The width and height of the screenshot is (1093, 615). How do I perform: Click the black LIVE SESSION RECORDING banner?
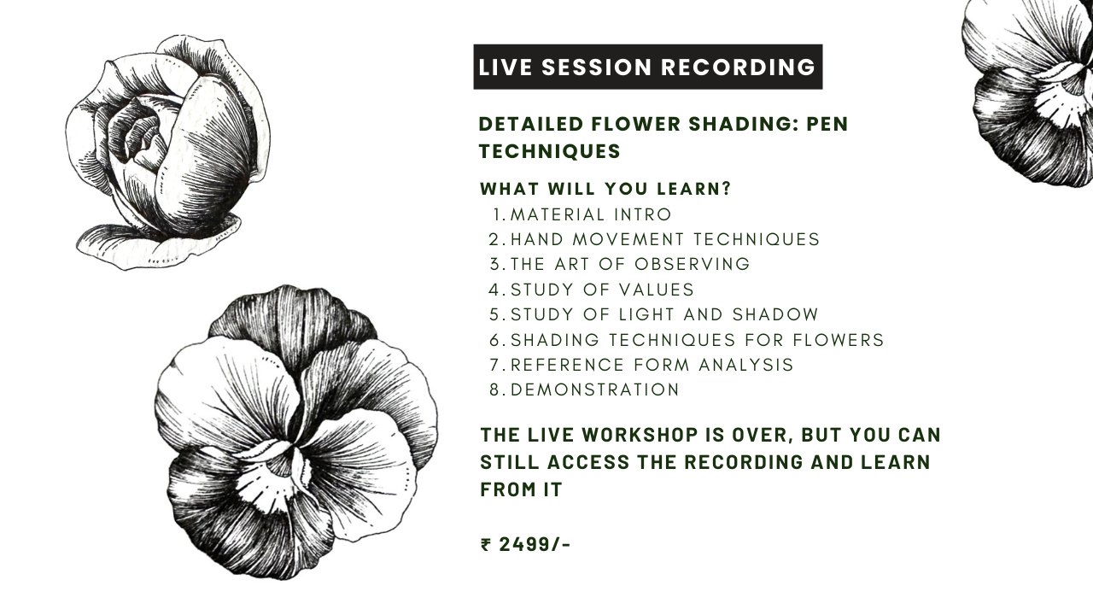tap(647, 67)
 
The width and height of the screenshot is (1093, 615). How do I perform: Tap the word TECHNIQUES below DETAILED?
tap(549, 151)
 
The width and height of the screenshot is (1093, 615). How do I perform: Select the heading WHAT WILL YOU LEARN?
tap(605, 189)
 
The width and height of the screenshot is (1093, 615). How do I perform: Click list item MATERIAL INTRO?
tap(591, 214)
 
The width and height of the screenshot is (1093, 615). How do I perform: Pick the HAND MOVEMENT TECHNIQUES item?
tap(664, 239)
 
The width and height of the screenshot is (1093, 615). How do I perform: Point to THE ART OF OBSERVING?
tap(629, 264)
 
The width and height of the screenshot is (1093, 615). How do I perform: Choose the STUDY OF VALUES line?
tap(602, 290)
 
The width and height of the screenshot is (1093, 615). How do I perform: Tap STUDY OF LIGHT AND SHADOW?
tap(664, 314)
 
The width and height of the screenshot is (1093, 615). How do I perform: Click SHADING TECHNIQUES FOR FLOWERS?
tap(697, 340)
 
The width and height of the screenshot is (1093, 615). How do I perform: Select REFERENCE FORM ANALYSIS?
tap(652, 365)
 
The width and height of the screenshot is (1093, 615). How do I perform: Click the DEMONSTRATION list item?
tap(594, 389)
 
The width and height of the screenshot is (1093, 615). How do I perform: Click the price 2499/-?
tap(535, 544)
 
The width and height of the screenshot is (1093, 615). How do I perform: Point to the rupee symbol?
tap(486, 544)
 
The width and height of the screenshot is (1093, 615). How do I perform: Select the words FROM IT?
tap(521, 489)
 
